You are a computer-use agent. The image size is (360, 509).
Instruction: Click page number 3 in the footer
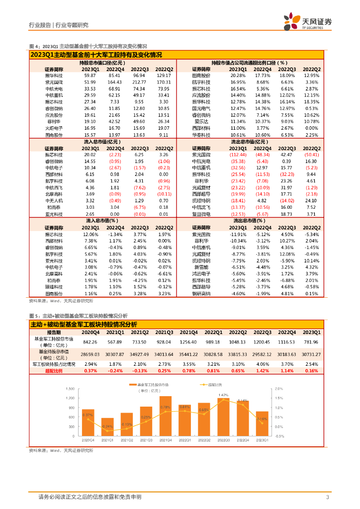coord(327,497)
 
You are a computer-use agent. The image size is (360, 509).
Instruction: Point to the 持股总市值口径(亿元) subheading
coord(100,63)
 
